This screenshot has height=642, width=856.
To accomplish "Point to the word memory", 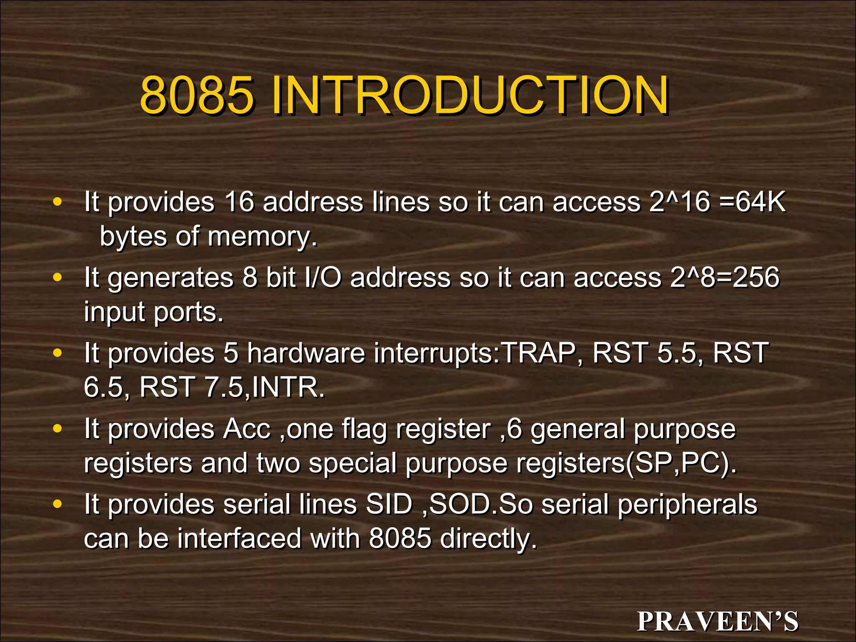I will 262,237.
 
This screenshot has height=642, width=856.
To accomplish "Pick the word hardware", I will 306,353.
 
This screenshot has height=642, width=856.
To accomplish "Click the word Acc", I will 247,429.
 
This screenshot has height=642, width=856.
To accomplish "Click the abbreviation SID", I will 389,504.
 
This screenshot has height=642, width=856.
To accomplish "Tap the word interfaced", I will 239,539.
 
